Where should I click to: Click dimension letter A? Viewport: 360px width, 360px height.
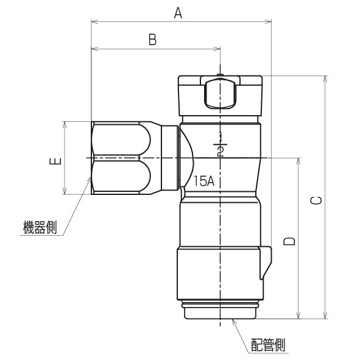pyautogui.click(x=178, y=12)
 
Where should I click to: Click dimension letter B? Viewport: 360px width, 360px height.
pyautogui.click(x=153, y=40)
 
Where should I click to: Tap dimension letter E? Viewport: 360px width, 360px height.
pyautogui.click(x=55, y=161)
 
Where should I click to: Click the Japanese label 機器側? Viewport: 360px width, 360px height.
pyautogui.click(x=39, y=228)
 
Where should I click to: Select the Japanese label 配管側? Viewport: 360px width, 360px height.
pyautogui.click(x=267, y=345)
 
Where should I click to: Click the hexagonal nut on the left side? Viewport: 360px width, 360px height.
pyautogui.click(x=121, y=158)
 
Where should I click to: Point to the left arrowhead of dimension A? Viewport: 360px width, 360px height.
pyautogui.click(x=93, y=22)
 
